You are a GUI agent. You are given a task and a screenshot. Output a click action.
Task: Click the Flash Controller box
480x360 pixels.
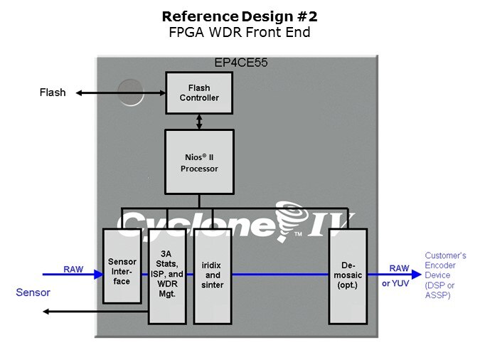199,93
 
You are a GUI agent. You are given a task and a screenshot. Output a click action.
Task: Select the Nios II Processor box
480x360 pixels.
198,162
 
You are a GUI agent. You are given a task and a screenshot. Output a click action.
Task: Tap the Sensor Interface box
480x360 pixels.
122,266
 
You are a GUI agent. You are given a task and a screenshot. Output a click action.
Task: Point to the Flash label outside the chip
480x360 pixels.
53,92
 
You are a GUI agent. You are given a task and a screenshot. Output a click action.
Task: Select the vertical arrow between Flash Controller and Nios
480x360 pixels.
199,121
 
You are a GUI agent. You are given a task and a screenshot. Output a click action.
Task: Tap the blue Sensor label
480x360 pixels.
33,292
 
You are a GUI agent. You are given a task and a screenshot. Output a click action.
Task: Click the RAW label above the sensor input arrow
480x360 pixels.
73,269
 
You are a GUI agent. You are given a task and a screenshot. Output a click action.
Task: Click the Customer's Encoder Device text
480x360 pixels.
445,275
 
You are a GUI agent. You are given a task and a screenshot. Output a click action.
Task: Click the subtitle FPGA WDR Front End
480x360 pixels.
240,31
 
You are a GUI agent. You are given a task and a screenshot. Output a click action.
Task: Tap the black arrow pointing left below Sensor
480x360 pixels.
92,311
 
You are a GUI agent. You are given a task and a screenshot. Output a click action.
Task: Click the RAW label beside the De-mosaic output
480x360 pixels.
398,268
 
